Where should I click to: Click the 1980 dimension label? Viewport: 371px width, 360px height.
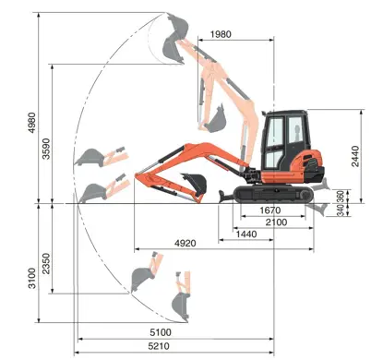[x=221, y=34]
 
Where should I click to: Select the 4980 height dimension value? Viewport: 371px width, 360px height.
[x=32, y=123]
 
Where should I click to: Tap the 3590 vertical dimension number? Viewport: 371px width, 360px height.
[x=46, y=149]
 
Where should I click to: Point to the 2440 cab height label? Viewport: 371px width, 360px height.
[x=355, y=156]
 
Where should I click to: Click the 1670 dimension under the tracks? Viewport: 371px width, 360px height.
[x=270, y=210]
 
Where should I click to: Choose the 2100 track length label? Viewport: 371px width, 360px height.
[x=276, y=222]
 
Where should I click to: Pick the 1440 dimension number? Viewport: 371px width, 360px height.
[x=246, y=234]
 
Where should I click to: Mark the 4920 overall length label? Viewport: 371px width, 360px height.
[x=185, y=244]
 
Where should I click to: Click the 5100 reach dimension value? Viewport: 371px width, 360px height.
[x=161, y=332]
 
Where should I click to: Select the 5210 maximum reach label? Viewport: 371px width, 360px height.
[x=159, y=346]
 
